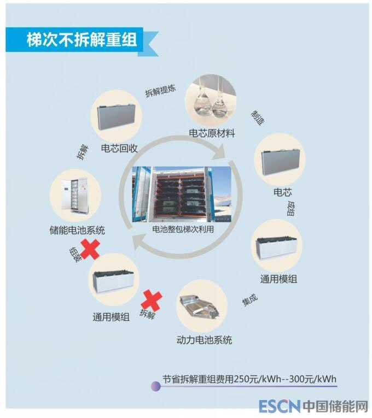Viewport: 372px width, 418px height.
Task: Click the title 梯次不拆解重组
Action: (x=82, y=40)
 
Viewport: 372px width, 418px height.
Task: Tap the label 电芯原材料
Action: (x=212, y=133)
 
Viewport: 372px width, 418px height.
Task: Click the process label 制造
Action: (x=258, y=117)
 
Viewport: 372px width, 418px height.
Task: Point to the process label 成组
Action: (x=291, y=209)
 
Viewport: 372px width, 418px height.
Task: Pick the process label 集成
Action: (x=250, y=299)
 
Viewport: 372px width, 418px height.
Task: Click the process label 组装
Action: (x=75, y=254)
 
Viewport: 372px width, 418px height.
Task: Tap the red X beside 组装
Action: (x=90, y=249)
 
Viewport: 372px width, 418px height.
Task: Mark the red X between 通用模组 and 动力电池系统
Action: (x=152, y=301)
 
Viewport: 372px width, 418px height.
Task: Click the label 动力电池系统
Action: (x=204, y=340)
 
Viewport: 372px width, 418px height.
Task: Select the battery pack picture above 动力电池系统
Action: (x=202, y=306)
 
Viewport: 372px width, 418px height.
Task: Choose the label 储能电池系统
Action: (x=77, y=230)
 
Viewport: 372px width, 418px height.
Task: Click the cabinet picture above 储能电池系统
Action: (x=75, y=196)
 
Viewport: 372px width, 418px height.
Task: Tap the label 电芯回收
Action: (x=119, y=148)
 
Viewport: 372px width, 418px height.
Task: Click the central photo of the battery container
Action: (x=182, y=195)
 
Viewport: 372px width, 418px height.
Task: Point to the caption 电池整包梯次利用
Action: (x=183, y=229)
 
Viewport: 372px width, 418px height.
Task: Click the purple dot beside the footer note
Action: (x=156, y=386)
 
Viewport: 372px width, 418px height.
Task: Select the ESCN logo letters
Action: (x=280, y=407)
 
